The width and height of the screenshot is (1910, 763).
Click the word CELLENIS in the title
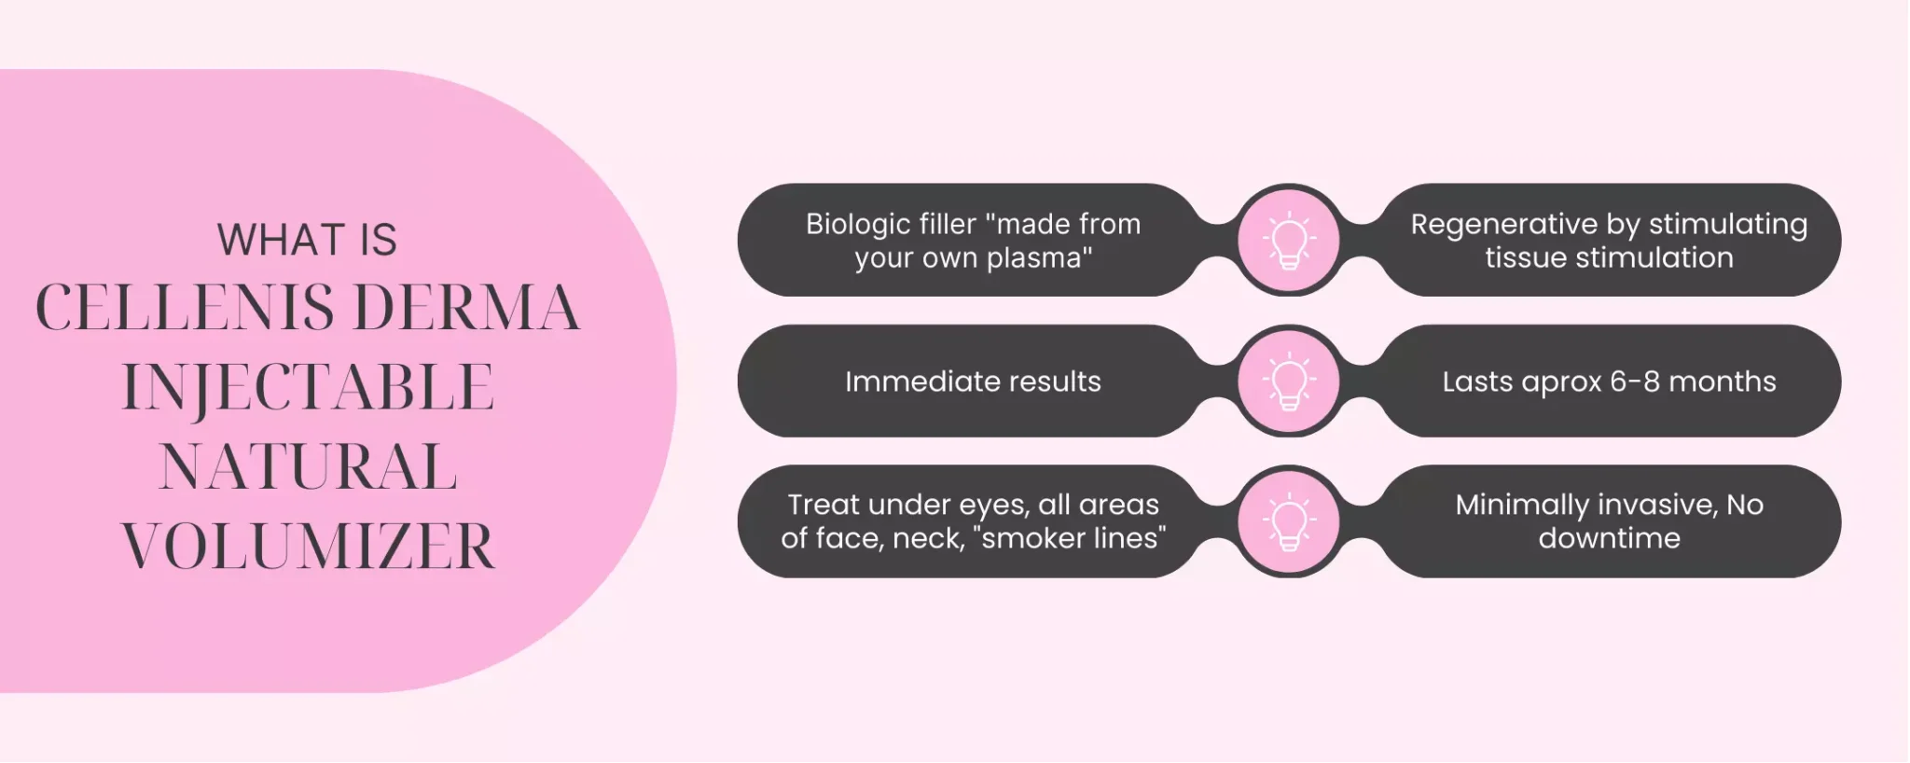click(x=185, y=308)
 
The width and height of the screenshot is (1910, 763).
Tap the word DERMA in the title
click(x=467, y=308)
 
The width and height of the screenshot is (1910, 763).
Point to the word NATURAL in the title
click(x=308, y=466)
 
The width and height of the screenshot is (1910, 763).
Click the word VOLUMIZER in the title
click(x=308, y=547)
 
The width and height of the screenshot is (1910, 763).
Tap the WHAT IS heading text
click(x=307, y=240)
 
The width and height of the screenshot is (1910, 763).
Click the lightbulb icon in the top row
click(x=1289, y=240)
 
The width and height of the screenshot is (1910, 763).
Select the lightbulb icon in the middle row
click(x=1289, y=381)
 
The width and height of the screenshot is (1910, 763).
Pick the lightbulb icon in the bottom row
click(x=1289, y=521)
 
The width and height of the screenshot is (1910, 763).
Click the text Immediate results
click(x=973, y=381)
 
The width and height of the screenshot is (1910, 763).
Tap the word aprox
click(x=1560, y=383)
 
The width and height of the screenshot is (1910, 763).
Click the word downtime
click(x=1609, y=539)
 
